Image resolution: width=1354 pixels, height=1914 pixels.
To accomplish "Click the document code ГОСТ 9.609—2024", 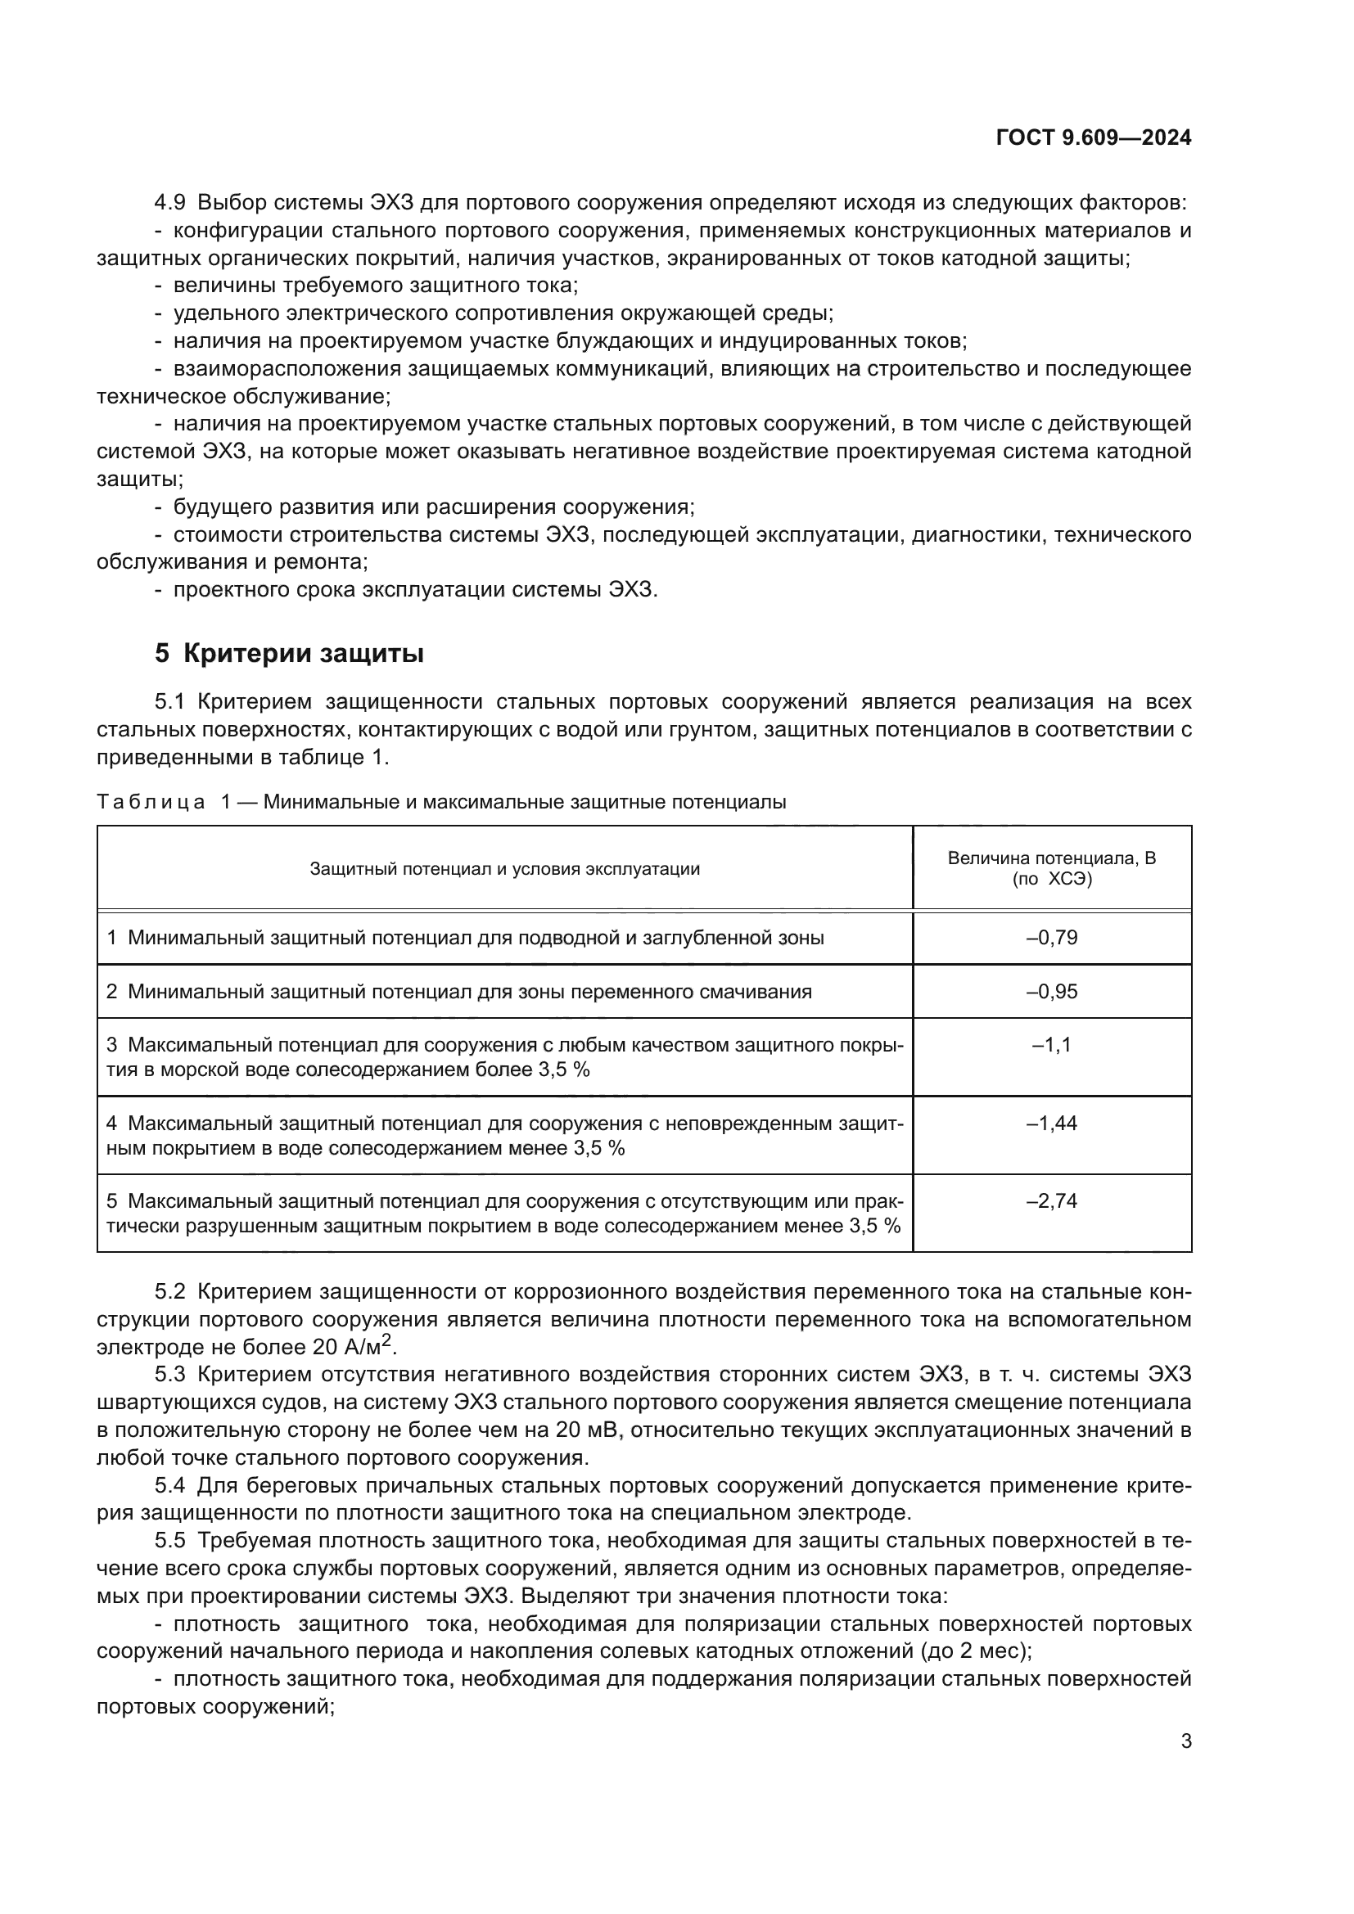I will [1093, 138].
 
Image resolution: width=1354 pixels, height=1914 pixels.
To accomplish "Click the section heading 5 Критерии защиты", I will [289, 654].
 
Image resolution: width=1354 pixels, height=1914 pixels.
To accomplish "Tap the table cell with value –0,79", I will [1051, 938].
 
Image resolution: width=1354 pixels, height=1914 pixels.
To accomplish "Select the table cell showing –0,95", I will [1051, 991].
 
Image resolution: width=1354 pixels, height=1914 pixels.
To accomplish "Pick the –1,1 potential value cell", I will [1051, 1044].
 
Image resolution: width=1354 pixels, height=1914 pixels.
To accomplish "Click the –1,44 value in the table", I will [1051, 1123].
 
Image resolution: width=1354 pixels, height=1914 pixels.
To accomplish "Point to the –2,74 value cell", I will [1051, 1200].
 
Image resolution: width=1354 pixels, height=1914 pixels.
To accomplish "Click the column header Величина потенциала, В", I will [1051, 858].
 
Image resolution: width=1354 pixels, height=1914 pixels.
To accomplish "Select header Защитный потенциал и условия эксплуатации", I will [504, 869].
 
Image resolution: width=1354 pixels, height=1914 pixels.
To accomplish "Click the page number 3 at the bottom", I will [1185, 1741].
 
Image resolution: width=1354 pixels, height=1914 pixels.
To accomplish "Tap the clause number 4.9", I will [170, 203].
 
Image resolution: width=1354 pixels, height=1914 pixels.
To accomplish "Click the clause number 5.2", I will [170, 1292].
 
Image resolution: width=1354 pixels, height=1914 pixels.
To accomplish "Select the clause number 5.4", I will [170, 1485].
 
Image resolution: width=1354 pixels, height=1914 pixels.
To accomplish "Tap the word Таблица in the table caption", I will [151, 802].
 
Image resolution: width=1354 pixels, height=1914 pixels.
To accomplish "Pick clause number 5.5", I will [170, 1541].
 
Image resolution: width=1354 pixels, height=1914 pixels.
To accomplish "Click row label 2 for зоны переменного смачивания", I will [111, 992].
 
